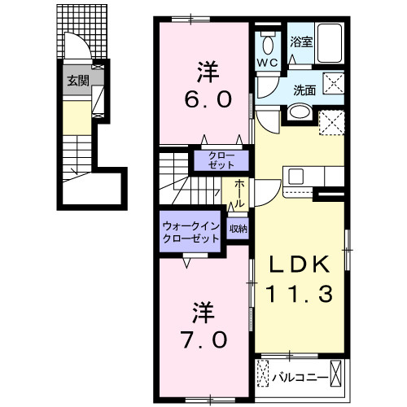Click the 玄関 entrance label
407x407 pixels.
coord(78,80)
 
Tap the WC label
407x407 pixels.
coord(269,63)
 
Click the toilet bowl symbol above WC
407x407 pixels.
coord(269,42)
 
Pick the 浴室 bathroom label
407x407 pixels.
coord(301,42)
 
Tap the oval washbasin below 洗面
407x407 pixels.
coord(299,112)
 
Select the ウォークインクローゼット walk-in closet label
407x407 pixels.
coord(190,234)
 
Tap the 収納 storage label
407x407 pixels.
coord(238,229)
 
